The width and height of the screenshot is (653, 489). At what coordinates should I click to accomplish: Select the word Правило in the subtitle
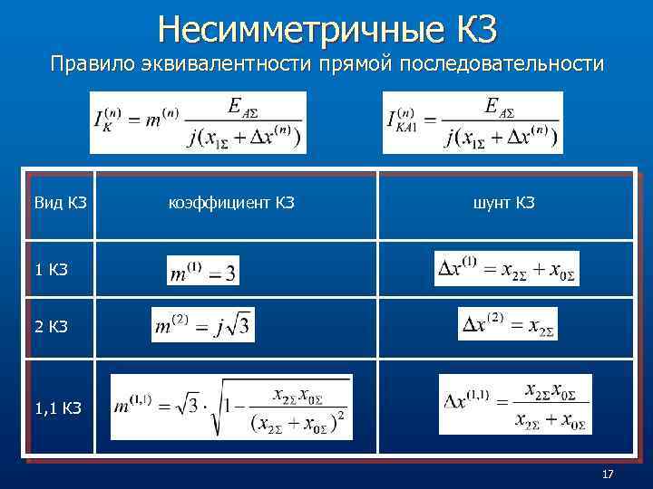(87, 64)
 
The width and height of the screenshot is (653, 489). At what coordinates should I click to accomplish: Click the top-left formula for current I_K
(198, 122)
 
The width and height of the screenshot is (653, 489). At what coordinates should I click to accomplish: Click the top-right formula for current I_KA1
(473, 122)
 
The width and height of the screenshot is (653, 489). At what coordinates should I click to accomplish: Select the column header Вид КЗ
(60, 203)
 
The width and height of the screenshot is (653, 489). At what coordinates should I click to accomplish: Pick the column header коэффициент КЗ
(232, 203)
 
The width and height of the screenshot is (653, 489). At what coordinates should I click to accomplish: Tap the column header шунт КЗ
(503, 203)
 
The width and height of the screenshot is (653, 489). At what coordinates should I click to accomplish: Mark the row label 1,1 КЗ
(57, 407)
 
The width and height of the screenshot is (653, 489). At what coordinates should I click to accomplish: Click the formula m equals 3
(203, 270)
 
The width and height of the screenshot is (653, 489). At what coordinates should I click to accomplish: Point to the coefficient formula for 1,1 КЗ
(231, 407)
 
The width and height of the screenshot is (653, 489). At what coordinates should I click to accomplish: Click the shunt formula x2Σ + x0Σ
(506, 268)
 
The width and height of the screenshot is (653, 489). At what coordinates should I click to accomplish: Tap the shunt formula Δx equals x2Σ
(507, 323)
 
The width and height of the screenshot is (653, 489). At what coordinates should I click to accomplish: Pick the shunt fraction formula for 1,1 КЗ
(514, 404)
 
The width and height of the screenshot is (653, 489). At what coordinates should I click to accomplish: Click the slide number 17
(608, 475)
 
